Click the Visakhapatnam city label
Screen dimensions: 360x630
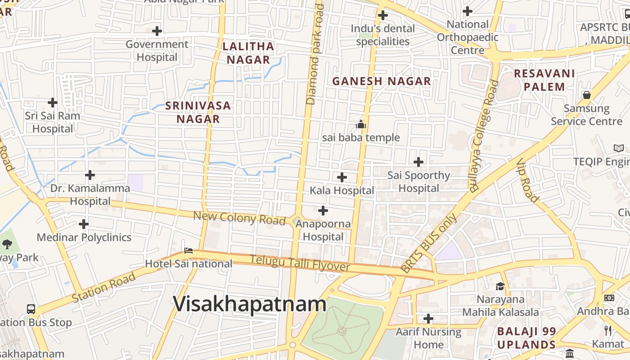[x=250, y=304]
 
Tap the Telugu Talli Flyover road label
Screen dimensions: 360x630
[x=300, y=263]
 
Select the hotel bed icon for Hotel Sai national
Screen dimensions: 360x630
[x=189, y=250]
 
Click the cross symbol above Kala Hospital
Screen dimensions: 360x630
[x=342, y=177]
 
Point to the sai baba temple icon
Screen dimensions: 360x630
[x=361, y=124]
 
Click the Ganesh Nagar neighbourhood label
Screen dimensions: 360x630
[x=382, y=81]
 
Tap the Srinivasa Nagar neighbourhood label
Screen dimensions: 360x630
[x=198, y=112]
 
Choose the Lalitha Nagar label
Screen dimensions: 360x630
[x=248, y=53]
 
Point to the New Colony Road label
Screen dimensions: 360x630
[x=239, y=218]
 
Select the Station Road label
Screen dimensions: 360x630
[x=104, y=287]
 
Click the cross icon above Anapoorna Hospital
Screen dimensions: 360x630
[x=323, y=211]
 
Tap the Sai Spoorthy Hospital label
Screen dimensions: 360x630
[x=419, y=181]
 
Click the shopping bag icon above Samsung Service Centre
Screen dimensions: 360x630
[x=587, y=95]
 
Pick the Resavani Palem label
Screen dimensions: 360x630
[x=544, y=80]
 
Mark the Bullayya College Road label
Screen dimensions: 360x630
[x=484, y=135]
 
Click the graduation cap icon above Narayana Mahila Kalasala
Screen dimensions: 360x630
[x=500, y=286]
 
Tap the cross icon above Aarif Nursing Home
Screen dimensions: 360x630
[x=428, y=319]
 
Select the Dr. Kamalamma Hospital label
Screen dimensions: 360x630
[x=90, y=194]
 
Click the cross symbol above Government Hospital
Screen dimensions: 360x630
[x=157, y=31]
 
